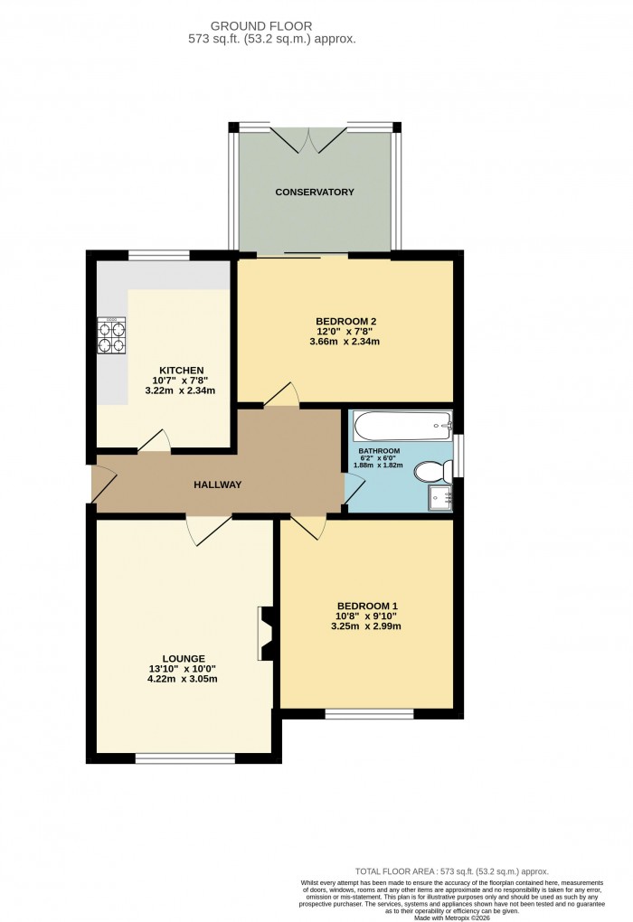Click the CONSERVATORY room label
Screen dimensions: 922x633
click(315, 193)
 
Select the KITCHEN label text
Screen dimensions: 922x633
click(181, 371)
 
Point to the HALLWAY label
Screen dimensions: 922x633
click(218, 485)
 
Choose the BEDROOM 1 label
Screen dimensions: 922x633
click(367, 606)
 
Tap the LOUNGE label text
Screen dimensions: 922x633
click(184, 658)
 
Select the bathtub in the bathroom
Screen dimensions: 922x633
click(401, 423)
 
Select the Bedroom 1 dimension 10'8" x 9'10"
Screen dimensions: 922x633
click(367, 616)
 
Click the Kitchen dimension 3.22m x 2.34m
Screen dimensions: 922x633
click(181, 390)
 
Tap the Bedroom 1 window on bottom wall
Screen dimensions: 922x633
click(369, 714)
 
